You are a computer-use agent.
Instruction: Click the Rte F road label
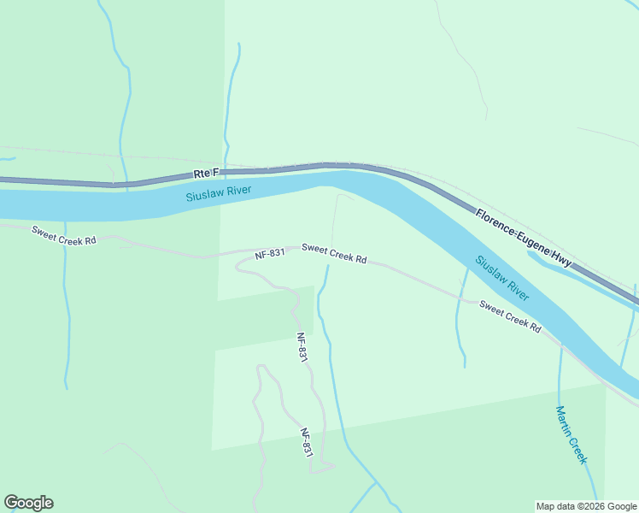point(206,174)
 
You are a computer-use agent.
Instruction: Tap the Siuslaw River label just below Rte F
point(219,193)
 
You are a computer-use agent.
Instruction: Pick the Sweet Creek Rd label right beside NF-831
point(334,254)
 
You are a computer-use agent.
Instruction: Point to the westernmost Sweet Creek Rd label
point(64,235)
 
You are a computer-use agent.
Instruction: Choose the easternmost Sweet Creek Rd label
point(510,316)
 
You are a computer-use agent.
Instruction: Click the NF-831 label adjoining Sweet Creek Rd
point(269,255)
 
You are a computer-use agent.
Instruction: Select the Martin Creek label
point(572,435)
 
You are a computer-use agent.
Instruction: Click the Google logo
point(28,503)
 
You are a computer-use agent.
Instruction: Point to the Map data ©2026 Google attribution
point(586,506)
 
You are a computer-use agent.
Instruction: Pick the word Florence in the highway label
point(494,217)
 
